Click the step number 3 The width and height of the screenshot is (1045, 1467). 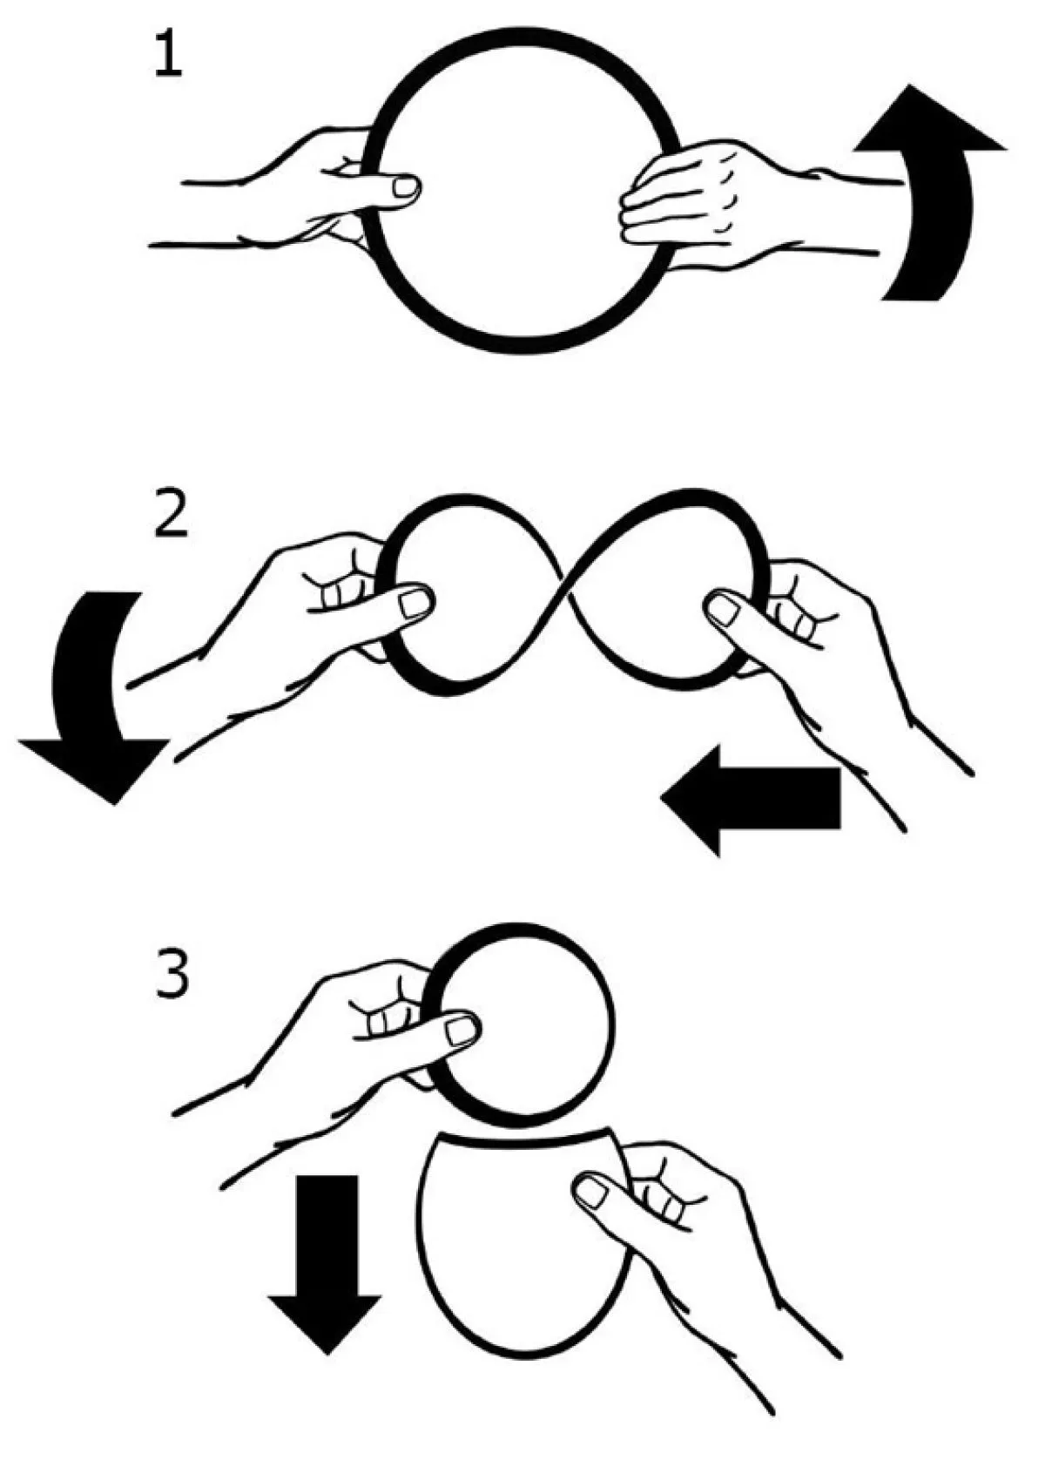point(172,973)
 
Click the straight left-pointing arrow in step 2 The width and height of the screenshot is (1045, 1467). point(751,800)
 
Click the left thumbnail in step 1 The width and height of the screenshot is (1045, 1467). point(405,188)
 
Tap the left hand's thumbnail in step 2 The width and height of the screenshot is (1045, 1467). point(415,602)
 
